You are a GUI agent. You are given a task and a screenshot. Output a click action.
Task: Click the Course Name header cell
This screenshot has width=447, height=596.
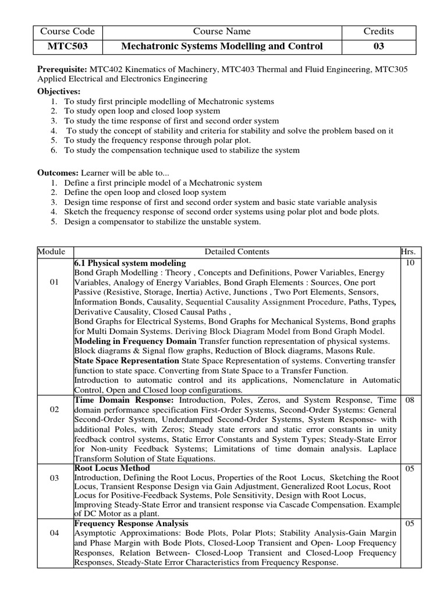[x=222, y=31]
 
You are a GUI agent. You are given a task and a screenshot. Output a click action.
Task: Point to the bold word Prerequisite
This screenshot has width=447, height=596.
[x=62, y=69]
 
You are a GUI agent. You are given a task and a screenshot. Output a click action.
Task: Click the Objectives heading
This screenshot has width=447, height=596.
[x=59, y=91]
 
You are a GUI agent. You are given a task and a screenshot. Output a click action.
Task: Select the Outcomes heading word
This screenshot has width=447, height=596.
[x=58, y=173]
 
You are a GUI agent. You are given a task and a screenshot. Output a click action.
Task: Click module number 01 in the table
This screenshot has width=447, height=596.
[x=55, y=282]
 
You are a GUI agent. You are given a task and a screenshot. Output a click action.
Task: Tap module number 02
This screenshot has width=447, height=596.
[x=55, y=410]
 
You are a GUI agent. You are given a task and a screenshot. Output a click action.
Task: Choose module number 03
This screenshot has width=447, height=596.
[x=55, y=478]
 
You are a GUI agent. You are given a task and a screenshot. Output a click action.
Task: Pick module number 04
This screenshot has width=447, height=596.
[x=55, y=533]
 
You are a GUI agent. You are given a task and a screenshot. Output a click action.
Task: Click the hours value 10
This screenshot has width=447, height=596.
[x=409, y=263]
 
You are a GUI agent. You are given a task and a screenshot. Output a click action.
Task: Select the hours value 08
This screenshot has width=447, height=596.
[x=409, y=400]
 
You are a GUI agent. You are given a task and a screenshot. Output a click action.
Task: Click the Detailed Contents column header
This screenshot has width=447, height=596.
[x=236, y=251]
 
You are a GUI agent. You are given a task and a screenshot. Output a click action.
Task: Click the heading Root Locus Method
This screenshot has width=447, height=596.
[x=112, y=468]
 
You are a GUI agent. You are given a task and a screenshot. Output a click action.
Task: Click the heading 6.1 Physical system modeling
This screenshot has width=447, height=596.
[x=130, y=263]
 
